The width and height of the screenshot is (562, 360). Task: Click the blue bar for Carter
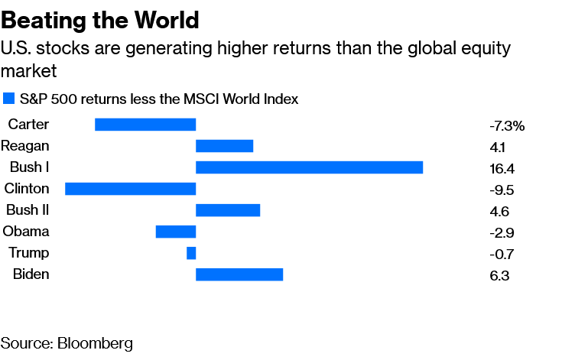145,125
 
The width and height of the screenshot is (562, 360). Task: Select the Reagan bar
224,146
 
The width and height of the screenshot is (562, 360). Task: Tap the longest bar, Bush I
309,167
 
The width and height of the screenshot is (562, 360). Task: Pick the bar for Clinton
131,189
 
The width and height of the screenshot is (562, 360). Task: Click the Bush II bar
228,210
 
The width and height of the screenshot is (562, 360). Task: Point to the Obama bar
176,232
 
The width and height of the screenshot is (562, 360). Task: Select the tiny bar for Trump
191,253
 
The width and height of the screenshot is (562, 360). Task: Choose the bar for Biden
239,274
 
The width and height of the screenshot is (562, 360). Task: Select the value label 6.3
498,276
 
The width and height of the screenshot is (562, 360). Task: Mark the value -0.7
501,255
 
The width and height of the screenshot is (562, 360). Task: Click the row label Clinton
27,189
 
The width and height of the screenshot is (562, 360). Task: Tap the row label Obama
26,232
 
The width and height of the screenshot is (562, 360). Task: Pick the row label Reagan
25,146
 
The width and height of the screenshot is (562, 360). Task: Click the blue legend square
9,99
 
